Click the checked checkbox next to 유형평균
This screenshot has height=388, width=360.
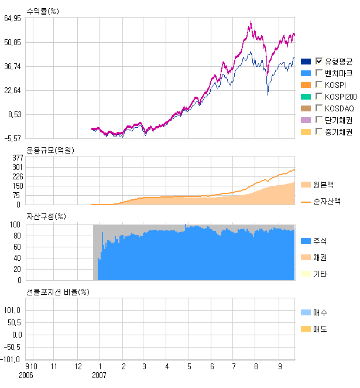[319, 62]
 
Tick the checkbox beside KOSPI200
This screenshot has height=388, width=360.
[319, 97]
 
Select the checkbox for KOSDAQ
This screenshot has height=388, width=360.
[319, 108]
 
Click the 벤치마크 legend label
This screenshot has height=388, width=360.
[338, 73]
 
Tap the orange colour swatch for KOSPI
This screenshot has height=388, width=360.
[306, 85]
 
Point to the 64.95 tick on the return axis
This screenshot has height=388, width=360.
[12, 19]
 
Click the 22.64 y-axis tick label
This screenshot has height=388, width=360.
[12, 91]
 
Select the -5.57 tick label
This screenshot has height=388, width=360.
[12, 139]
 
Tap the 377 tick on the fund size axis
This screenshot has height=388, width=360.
[18, 158]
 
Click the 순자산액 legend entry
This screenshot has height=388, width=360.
[327, 200]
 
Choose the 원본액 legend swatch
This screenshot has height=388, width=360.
[306, 185]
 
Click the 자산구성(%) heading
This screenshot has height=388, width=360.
[46, 216]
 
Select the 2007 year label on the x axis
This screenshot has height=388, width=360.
[100, 375]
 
